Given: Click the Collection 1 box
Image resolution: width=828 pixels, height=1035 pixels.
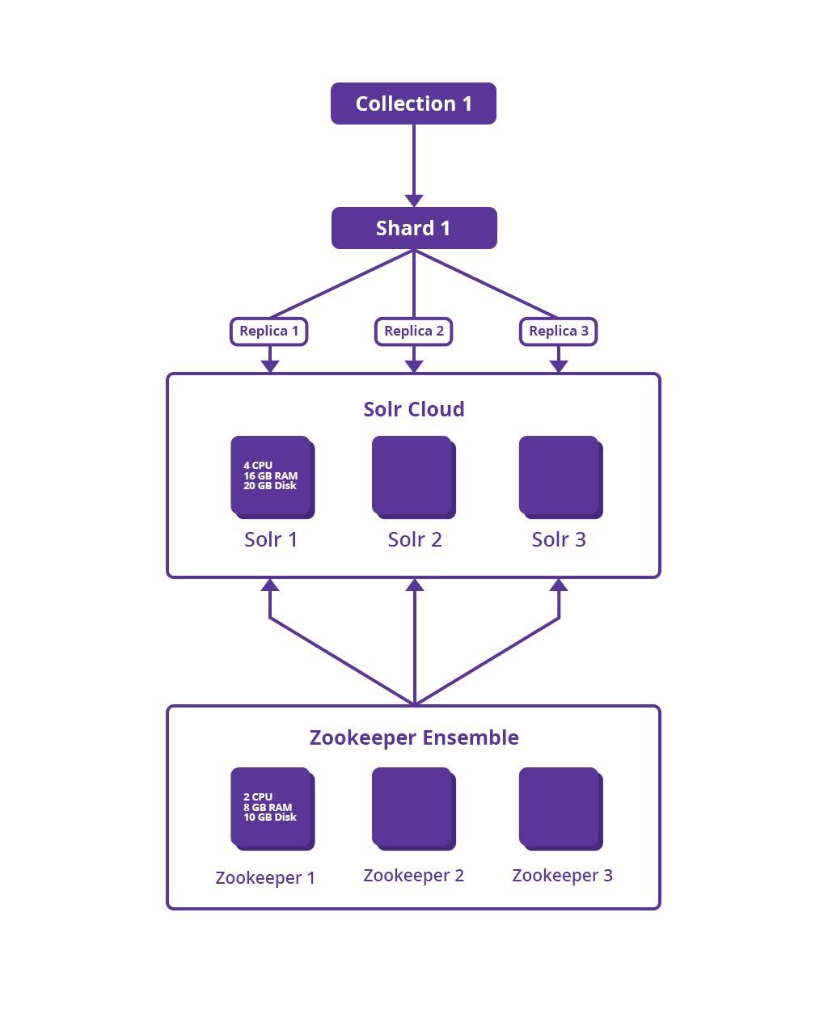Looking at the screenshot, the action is [413, 103].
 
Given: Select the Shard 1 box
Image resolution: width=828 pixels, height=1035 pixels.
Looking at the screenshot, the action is [414, 228].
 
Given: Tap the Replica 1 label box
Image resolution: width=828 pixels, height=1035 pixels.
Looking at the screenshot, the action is [269, 332].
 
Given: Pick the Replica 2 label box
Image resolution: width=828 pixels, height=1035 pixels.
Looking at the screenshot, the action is [414, 332].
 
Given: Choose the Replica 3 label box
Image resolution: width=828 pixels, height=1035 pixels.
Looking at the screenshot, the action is [559, 332].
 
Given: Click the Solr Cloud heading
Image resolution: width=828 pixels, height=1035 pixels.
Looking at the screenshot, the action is [414, 409].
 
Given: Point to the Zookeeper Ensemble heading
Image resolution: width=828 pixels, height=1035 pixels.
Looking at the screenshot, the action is [414, 737].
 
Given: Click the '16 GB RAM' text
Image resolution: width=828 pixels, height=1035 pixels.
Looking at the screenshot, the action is [270, 475].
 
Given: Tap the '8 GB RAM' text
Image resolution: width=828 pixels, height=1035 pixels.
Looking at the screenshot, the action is [268, 808].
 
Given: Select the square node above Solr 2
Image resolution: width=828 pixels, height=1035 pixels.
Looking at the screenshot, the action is [414, 477].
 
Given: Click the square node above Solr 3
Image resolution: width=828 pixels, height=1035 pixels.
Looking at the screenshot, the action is [561, 477].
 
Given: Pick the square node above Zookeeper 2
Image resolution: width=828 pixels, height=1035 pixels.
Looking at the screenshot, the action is [414, 809].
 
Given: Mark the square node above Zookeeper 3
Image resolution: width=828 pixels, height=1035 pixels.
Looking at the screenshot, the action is [561, 809].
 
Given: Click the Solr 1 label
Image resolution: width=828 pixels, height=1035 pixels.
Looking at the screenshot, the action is [271, 539].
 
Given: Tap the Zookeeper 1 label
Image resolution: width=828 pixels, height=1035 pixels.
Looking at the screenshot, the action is [265, 878].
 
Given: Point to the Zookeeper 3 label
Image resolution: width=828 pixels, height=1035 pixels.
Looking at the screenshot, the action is [563, 876].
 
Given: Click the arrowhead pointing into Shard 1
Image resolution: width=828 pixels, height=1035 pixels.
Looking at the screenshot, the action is [414, 201].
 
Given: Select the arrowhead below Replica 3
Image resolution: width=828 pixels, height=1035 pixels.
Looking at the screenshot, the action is [559, 366].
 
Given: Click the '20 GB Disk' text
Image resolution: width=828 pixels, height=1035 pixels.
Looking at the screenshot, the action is [270, 486].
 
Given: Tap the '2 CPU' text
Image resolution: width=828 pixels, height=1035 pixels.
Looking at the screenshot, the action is [258, 797].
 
